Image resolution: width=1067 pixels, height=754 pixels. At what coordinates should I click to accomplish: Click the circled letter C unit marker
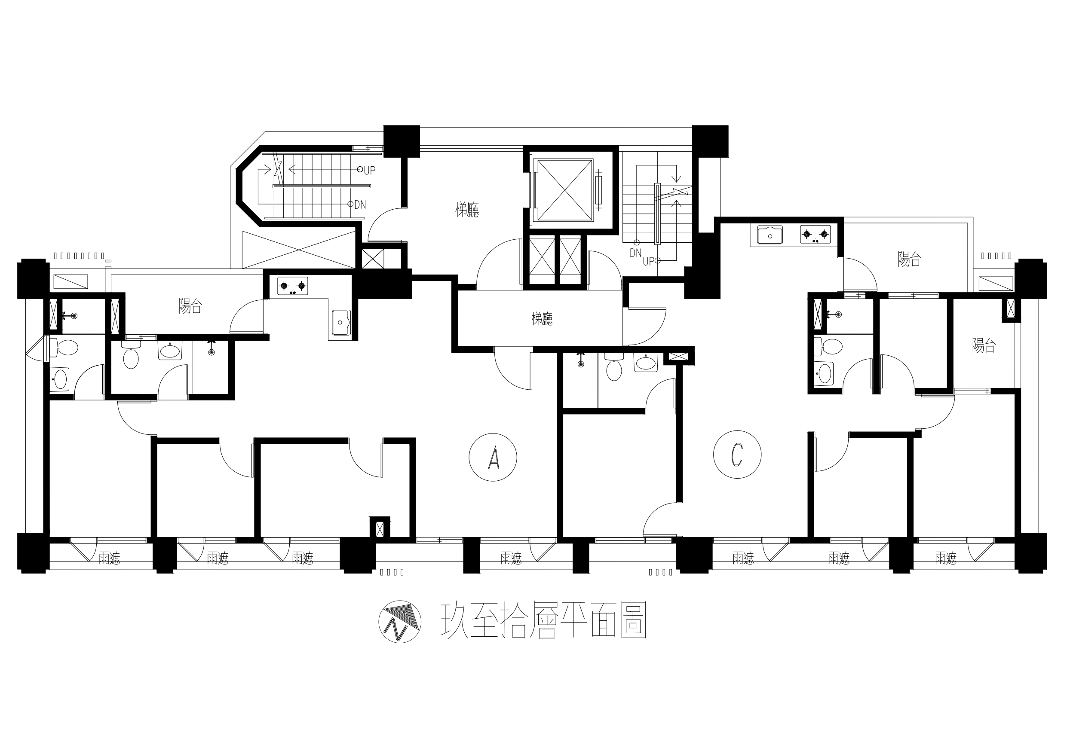pyautogui.click(x=737, y=455)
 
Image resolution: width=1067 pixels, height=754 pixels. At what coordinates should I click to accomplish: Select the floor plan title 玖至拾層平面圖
pyautogui.click(x=543, y=621)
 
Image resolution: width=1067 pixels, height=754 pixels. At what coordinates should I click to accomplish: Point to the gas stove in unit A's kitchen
pyautogui.click(x=293, y=286)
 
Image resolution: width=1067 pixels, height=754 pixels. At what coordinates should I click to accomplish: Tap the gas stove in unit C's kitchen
pyautogui.click(x=816, y=235)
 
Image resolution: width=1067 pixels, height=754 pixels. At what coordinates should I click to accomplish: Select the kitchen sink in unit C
pyautogui.click(x=770, y=235)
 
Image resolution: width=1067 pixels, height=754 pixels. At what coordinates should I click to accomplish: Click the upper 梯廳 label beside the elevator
pyautogui.click(x=467, y=210)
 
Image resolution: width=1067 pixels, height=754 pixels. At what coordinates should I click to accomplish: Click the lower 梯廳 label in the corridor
pyautogui.click(x=542, y=319)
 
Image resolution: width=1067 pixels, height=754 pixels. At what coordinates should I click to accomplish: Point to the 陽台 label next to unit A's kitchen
pyautogui.click(x=190, y=306)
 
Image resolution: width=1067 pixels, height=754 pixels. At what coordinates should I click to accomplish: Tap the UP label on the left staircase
pyautogui.click(x=369, y=171)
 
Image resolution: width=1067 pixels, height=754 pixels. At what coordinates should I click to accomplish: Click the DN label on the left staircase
pyautogui.click(x=360, y=205)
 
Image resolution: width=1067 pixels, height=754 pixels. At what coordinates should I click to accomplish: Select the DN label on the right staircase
pyautogui.click(x=635, y=253)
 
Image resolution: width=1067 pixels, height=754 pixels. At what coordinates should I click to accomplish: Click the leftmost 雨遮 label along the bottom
pyautogui.click(x=109, y=558)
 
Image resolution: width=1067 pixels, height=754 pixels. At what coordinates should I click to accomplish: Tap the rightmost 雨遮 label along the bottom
pyautogui.click(x=946, y=558)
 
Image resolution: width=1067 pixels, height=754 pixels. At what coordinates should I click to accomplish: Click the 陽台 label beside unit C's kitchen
pyautogui.click(x=910, y=259)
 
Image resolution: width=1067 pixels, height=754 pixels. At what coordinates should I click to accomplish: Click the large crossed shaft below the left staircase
pyautogui.click(x=299, y=250)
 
